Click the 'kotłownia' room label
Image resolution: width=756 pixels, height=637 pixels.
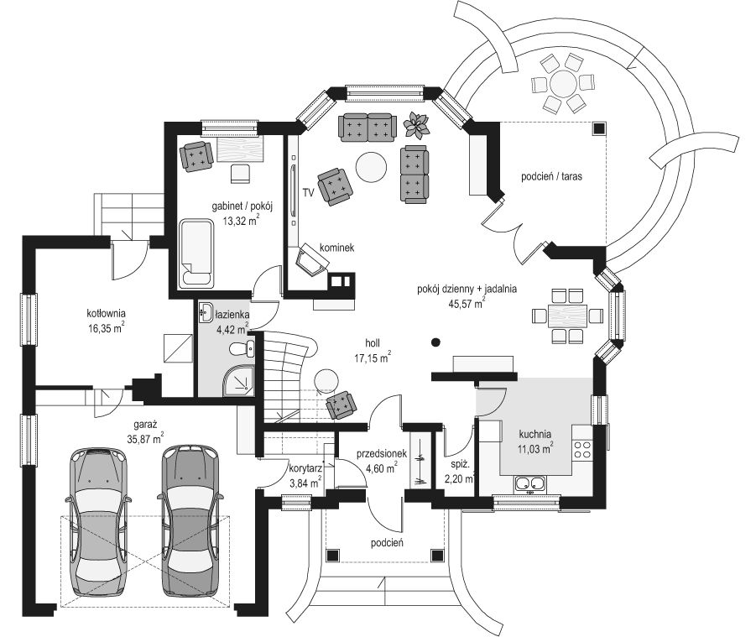[106, 313]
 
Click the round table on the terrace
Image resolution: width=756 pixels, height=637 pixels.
[563, 83]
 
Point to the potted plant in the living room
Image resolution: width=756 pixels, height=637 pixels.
[416, 125]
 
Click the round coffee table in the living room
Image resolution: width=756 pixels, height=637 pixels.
[371, 167]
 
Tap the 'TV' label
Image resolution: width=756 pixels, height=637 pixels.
[308, 193]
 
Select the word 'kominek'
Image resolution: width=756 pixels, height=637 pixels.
[337, 248]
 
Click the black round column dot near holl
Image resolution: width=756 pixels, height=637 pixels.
[435, 342]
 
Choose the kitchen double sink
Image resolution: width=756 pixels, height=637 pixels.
[530, 483]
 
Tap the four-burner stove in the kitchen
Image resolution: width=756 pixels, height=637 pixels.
[582, 449]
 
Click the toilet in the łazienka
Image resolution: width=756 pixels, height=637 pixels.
[242, 348]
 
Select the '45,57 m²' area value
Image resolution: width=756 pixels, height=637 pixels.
[467, 303]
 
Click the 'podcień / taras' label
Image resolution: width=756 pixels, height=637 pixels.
[551, 176]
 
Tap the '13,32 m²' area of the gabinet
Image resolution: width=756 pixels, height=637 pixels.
[242, 221]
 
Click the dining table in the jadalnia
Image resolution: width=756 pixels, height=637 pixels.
[567, 316]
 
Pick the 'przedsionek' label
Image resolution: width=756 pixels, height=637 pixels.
[382, 454]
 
